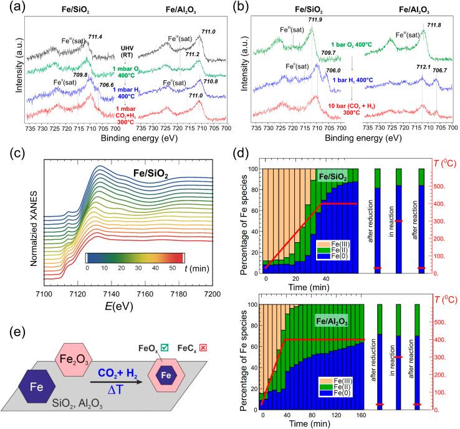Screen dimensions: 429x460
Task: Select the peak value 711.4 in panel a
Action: point(95,38)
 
